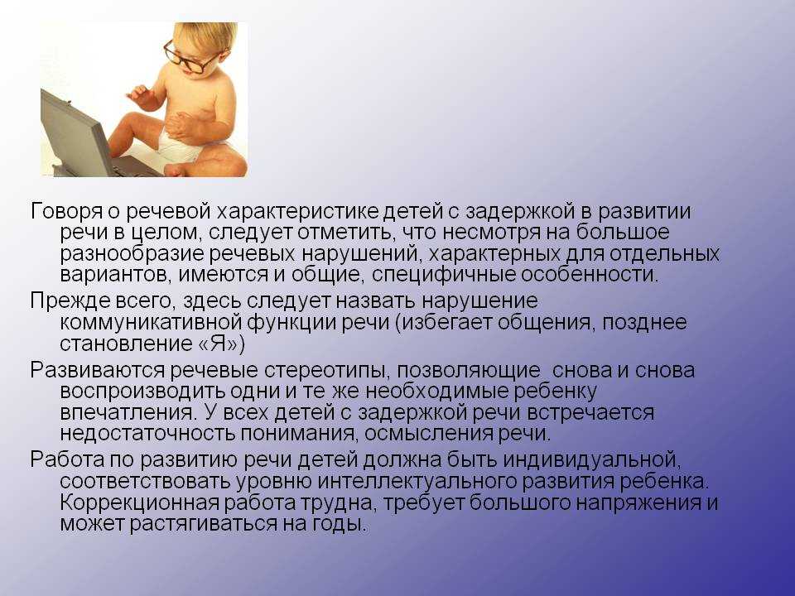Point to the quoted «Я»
tap(216, 344)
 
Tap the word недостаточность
tap(147, 434)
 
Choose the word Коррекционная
tap(139, 503)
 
